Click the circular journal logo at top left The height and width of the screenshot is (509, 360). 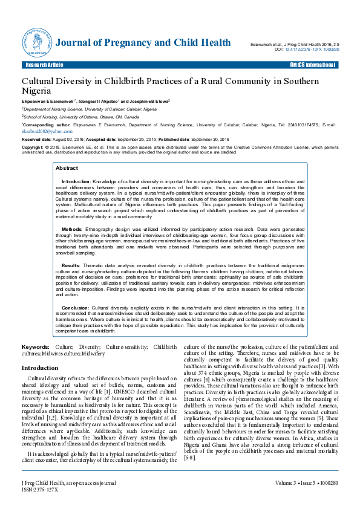click(38, 42)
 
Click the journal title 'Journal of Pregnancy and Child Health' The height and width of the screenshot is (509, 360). click(142, 43)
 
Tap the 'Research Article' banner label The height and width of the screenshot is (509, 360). click(44, 65)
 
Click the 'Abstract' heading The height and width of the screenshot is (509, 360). click(67, 168)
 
